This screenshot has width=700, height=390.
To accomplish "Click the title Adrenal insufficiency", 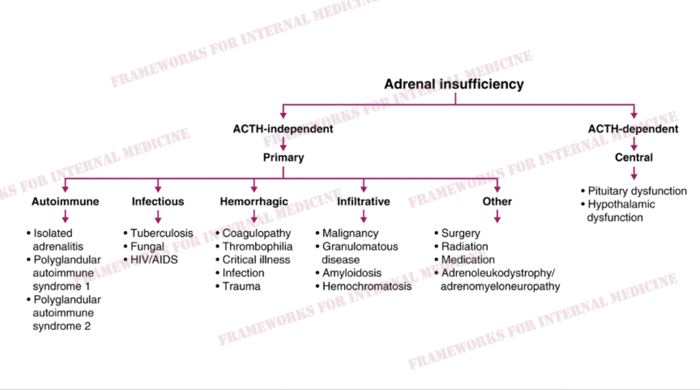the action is pyautogui.click(x=454, y=84).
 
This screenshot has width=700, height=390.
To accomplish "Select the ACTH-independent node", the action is pyautogui.click(x=283, y=129).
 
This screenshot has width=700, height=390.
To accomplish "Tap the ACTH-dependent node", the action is pyautogui.click(x=633, y=129).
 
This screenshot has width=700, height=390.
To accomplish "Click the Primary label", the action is pyautogui.click(x=283, y=158).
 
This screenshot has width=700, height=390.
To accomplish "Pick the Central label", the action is pyautogui.click(x=634, y=157).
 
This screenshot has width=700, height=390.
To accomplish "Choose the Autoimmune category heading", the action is pyautogui.click(x=65, y=202).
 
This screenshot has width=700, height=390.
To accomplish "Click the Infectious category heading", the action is pyautogui.click(x=158, y=202).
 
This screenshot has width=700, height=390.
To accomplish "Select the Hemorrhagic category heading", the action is pyautogui.click(x=254, y=202).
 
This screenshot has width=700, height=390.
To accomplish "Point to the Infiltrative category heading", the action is pyautogui.click(x=364, y=202).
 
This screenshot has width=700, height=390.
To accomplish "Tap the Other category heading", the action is pyautogui.click(x=497, y=202).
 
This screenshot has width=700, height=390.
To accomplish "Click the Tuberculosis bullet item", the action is pyautogui.click(x=158, y=233).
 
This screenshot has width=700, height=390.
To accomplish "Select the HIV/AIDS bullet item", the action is pyautogui.click(x=150, y=260).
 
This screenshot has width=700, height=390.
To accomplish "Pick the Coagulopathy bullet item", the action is pyautogui.click(x=253, y=233).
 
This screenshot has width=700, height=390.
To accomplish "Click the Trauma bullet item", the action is pyautogui.click(x=238, y=286).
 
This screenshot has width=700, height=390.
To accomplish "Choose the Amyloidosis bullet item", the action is pyautogui.click(x=349, y=273).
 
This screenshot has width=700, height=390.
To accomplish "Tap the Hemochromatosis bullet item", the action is pyautogui.click(x=364, y=286).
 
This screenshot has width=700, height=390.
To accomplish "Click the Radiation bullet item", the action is pyautogui.click(x=461, y=246).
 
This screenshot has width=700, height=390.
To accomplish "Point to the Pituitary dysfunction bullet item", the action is pyautogui.click(x=634, y=191).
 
